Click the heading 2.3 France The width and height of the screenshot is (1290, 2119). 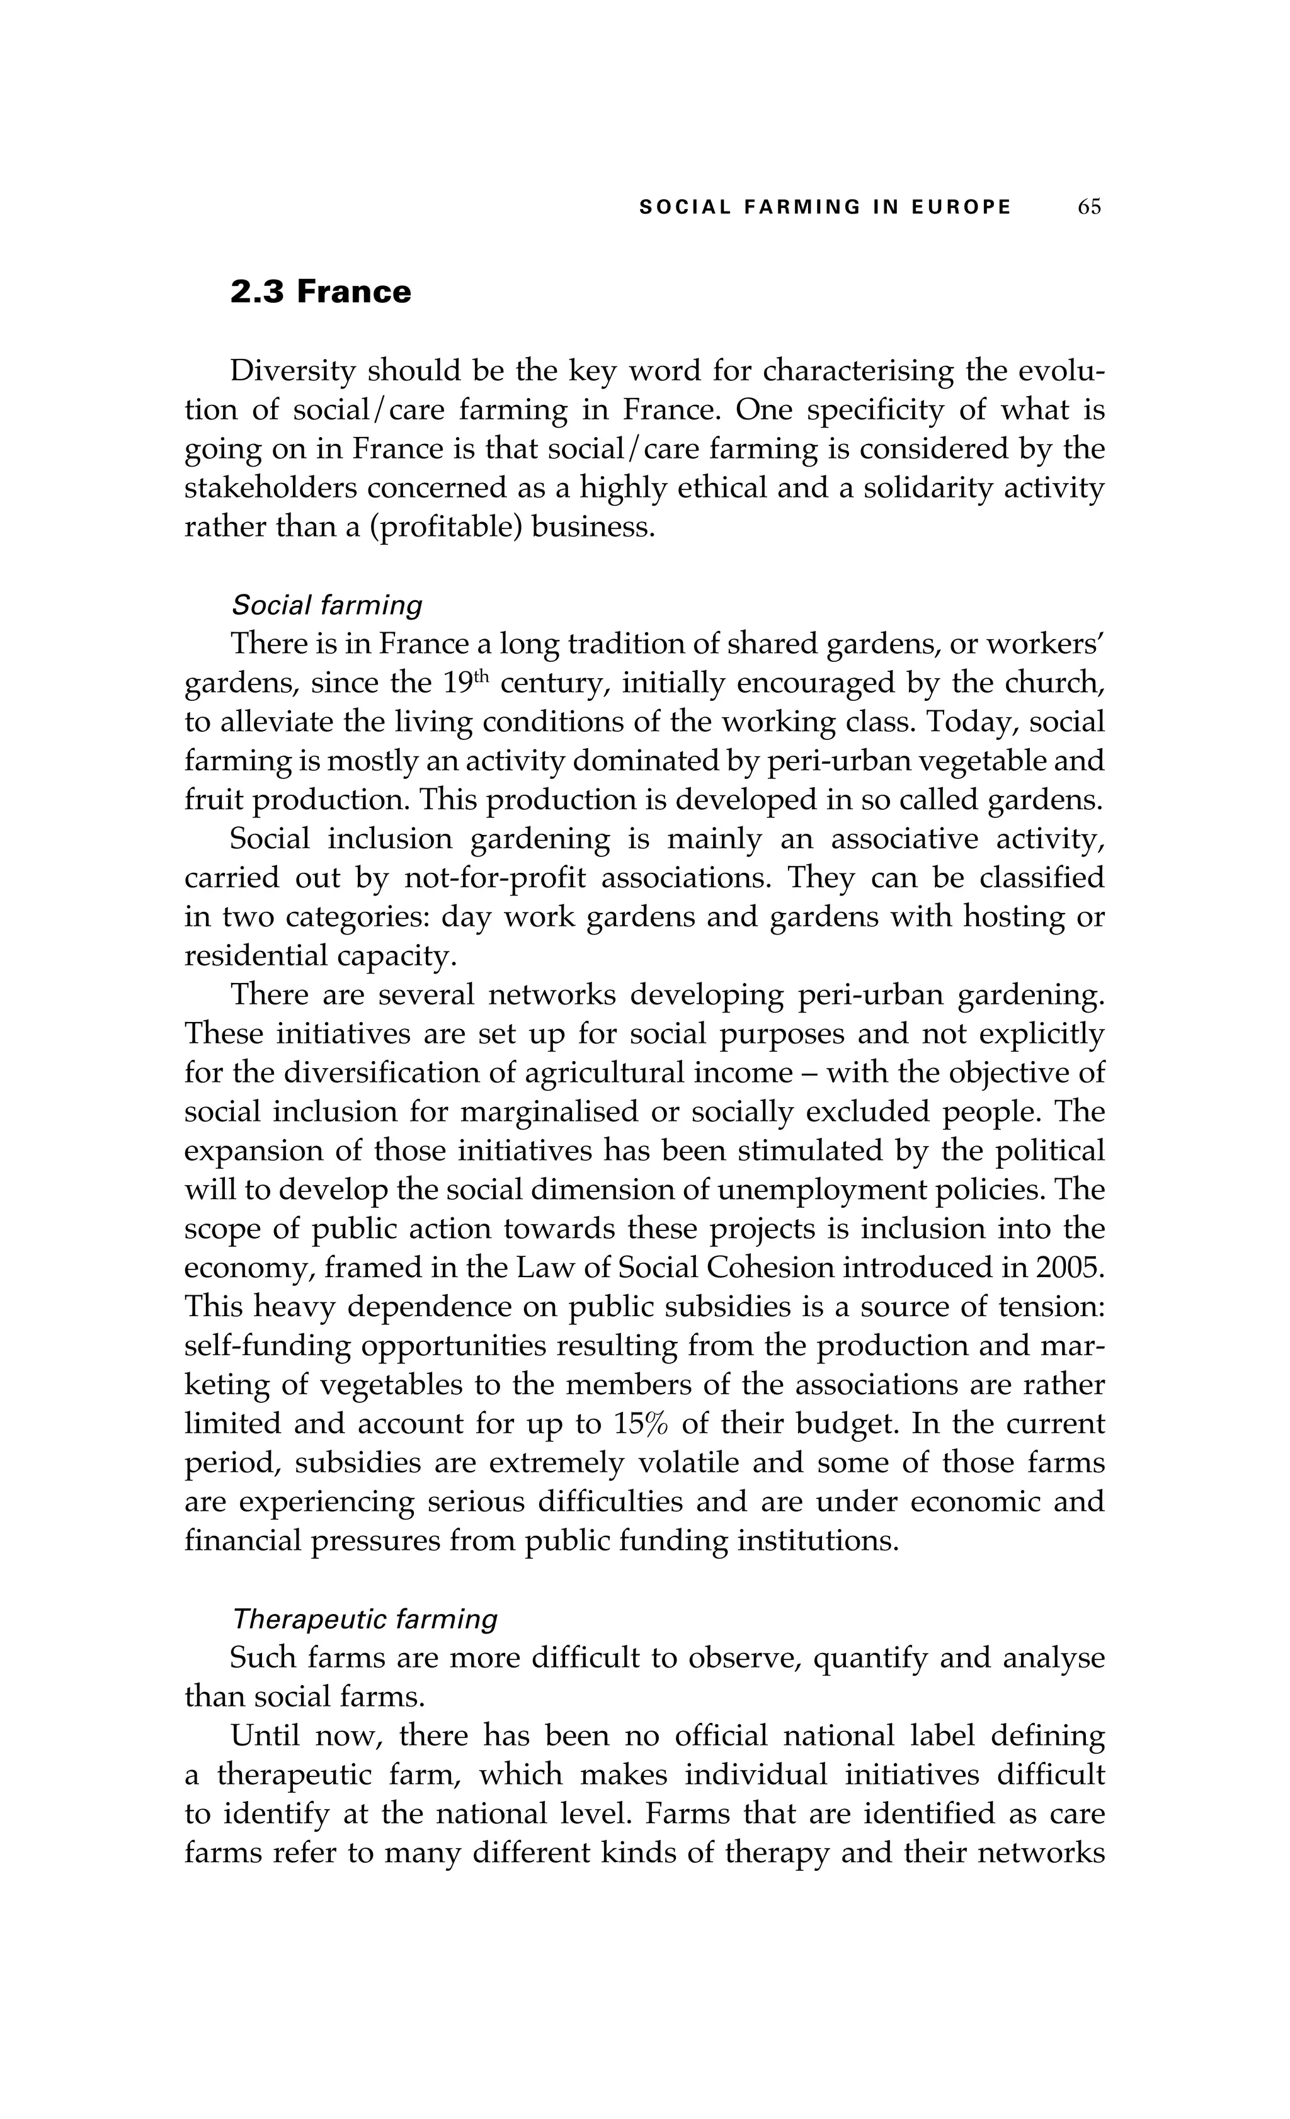click(x=321, y=292)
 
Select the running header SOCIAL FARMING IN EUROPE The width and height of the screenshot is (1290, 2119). click(x=826, y=207)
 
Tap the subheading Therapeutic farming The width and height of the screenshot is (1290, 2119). click(x=365, y=1620)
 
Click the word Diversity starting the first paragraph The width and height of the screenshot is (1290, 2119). click(x=292, y=372)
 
